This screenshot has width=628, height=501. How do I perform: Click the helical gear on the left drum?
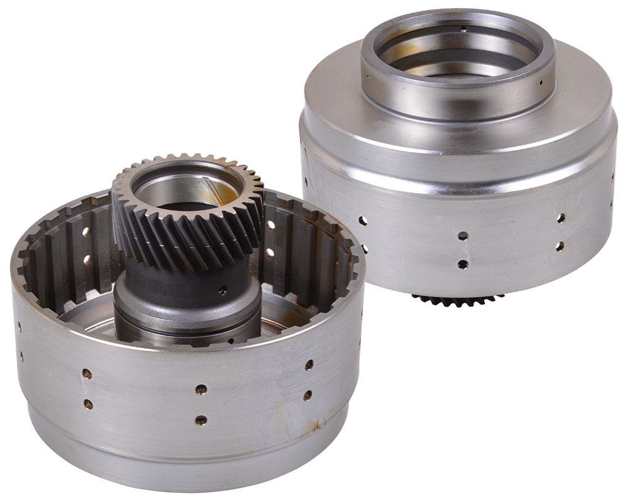click(x=188, y=214)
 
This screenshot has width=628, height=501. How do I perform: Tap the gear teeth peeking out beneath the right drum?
click(x=458, y=300)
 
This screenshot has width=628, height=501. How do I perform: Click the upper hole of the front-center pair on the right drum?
click(x=462, y=236)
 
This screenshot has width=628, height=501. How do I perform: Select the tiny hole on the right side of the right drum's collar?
click(x=541, y=82)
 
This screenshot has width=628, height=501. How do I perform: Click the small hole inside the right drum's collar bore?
click(x=463, y=28)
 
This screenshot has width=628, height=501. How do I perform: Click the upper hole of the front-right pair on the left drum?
click(x=309, y=365)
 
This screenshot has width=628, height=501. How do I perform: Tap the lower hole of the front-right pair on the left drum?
click(x=308, y=395)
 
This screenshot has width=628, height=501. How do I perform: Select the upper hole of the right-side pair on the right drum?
click(x=560, y=218)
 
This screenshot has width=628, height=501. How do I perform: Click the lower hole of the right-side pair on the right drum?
click(x=559, y=246)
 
